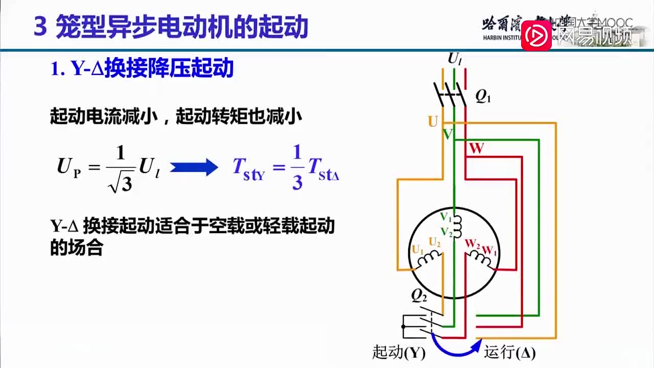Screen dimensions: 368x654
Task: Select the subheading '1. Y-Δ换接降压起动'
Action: (142, 68)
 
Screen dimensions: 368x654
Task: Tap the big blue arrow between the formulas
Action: (194, 167)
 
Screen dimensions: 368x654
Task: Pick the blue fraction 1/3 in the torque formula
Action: (297, 167)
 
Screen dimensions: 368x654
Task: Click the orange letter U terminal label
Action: (433, 122)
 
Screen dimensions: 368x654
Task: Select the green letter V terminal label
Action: (447, 134)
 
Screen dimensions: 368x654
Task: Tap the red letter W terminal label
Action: (476, 149)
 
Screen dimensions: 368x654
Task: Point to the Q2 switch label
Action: (419, 297)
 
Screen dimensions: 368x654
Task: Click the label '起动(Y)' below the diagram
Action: (399, 353)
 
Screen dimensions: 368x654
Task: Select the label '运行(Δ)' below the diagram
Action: (509, 353)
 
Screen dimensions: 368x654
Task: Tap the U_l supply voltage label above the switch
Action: (455, 59)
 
